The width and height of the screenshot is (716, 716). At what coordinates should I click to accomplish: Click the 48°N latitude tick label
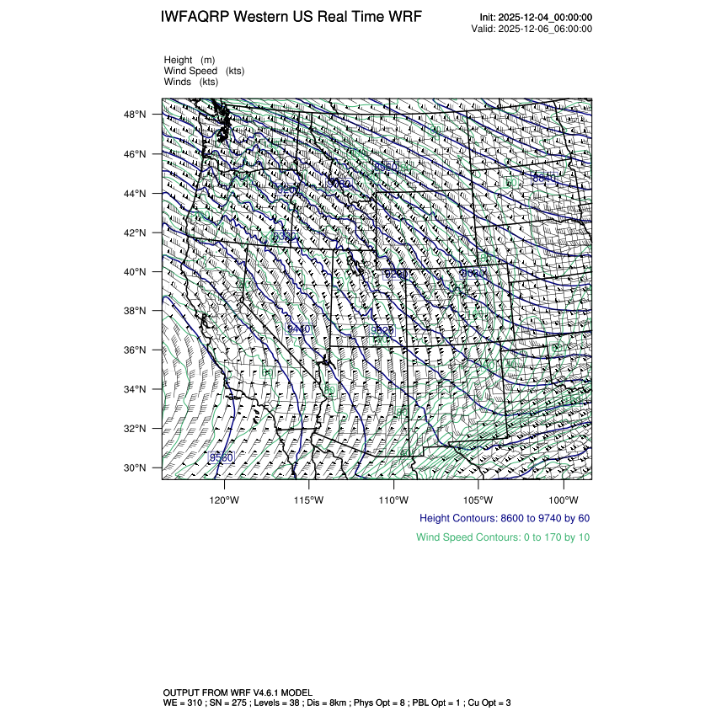tap(136, 115)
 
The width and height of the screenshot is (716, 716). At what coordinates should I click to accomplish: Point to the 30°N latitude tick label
tap(136, 468)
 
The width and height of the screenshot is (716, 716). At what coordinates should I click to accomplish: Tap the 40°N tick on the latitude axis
tap(136, 272)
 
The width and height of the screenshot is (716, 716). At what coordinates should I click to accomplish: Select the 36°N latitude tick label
tap(136, 350)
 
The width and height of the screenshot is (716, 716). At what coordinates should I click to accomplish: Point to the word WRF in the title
tap(404, 18)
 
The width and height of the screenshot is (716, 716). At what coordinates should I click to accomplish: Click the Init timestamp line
tap(536, 18)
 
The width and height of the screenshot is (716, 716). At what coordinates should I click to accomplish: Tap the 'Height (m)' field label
tap(190, 60)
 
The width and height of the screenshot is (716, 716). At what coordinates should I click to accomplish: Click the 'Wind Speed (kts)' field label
tap(204, 71)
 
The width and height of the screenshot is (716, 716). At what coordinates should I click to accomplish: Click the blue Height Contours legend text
tap(505, 518)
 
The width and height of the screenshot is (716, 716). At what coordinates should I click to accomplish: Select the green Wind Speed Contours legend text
tap(503, 537)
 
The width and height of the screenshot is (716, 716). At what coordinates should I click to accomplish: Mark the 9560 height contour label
tap(222, 457)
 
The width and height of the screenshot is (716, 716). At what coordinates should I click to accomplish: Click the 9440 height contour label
tap(299, 329)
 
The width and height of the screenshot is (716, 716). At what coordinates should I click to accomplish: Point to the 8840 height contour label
tap(545, 178)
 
